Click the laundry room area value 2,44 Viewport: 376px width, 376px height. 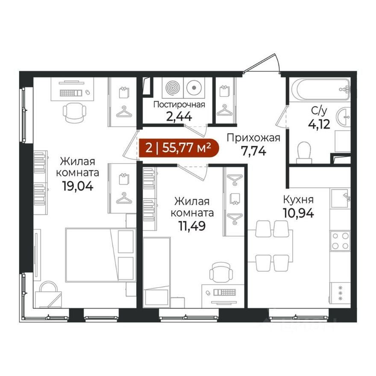[x=179, y=117]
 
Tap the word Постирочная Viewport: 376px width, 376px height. [x=179, y=105]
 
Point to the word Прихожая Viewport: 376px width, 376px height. [x=253, y=138]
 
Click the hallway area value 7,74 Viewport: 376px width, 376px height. [x=254, y=151]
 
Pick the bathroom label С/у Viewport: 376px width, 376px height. [x=319, y=111]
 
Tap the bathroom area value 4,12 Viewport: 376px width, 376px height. [x=319, y=124]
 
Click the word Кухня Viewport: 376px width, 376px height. [x=298, y=200]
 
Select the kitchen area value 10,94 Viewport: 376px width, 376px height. [x=298, y=213]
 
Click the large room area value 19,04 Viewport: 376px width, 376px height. [x=77, y=186]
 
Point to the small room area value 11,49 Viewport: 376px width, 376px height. [x=192, y=226]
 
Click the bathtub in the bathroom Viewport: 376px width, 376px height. [x=321, y=89]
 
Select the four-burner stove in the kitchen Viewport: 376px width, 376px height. [x=340, y=241]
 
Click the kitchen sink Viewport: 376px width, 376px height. [x=340, y=197]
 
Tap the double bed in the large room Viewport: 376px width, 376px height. [x=100, y=254]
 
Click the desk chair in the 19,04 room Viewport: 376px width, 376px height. [x=74, y=113]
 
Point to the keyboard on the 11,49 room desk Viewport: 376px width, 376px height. [x=225, y=292]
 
